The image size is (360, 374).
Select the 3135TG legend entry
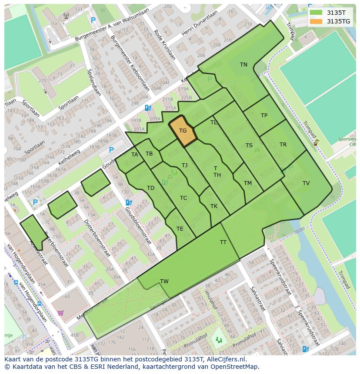[338, 21]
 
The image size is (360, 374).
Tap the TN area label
[243, 65]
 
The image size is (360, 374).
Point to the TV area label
[306, 183]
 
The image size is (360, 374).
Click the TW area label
[164, 281]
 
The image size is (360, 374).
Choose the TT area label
[223, 242]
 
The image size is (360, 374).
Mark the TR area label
[283, 145]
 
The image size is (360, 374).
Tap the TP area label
[264, 116]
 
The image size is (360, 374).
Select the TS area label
[249, 146]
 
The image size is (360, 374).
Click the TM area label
[248, 183]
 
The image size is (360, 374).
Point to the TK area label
[214, 206]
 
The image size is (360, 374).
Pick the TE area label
[180, 229]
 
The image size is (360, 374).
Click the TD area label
[150, 188]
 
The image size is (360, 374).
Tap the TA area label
[134, 155]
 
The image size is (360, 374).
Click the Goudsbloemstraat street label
[140, 217]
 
